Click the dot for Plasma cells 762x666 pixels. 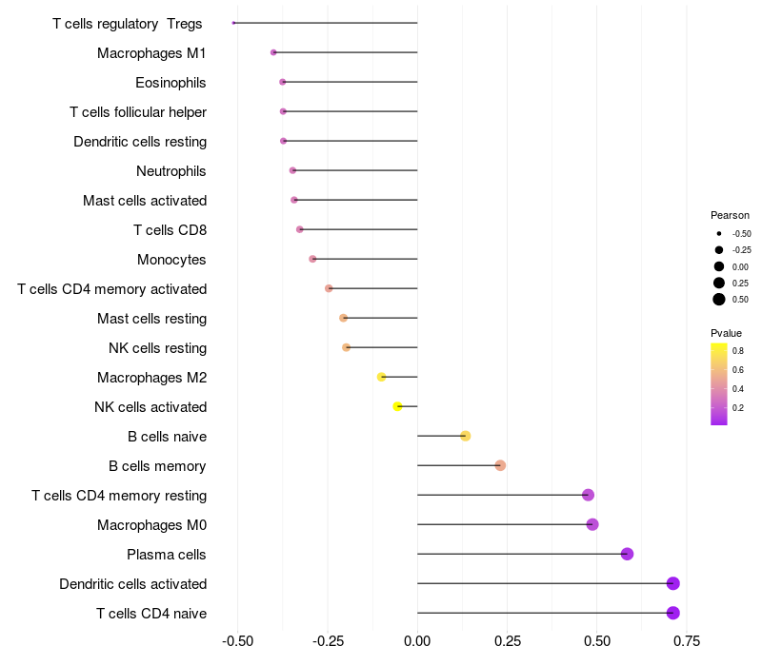click(627, 555)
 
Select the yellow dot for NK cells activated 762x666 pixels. click(398, 406)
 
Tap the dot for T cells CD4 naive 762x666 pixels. click(673, 614)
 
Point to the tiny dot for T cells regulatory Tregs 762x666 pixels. click(233, 23)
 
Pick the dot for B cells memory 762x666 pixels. click(500, 465)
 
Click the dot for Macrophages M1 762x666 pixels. click(273, 52)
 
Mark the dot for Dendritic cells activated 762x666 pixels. click(673, 584)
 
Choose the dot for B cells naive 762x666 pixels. click(466, 436)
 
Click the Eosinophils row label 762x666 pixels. click(170, 83)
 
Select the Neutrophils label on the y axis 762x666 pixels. click(171, 171)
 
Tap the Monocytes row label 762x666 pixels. click(171, 260)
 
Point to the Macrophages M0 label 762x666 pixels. click(151, 525)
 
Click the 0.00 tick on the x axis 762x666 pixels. click(417, 641)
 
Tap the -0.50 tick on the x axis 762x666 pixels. click(237, 641)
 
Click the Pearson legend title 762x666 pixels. click(730, 216)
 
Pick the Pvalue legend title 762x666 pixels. click(726, 333)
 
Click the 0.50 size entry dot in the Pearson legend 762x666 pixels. click(719, 300)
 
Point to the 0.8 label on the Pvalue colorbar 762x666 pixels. click(738, 351)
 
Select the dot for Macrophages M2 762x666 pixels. click(382, 377)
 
